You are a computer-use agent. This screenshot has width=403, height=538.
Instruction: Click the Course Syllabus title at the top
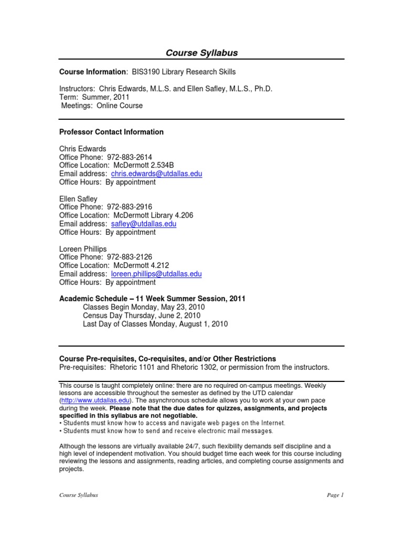tap(201, 53)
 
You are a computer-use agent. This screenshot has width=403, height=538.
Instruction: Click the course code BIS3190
tap(147, 72)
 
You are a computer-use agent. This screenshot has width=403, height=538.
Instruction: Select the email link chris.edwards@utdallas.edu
tap(156, 174)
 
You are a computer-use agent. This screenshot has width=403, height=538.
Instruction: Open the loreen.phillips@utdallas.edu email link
tap(156, 274)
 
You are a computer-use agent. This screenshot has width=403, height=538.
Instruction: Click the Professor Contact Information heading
tap(111, 132)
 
